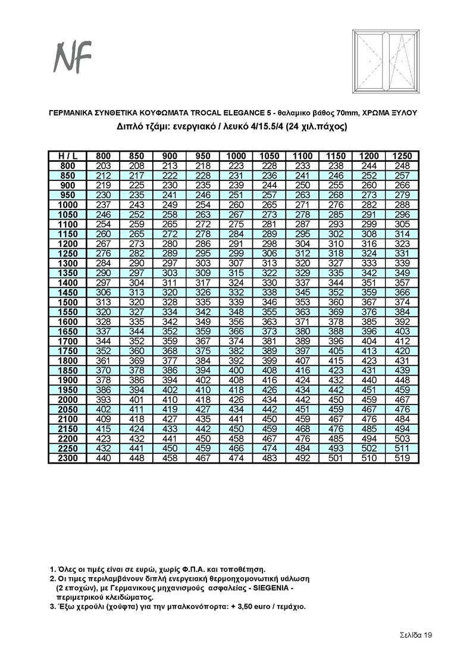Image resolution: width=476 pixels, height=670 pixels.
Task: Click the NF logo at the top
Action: coord(73,58)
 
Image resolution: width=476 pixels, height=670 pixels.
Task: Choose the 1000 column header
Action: coord(236,156)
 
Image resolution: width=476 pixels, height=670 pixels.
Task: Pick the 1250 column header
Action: coord(402,156)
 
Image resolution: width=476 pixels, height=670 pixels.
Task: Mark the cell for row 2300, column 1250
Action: coord(402,458)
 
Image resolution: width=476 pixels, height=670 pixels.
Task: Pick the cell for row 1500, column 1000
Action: coord(236,302)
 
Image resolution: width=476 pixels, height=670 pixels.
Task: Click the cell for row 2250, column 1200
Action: coord(369,449)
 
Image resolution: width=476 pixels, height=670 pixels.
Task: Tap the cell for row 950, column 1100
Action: coord(303,195)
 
